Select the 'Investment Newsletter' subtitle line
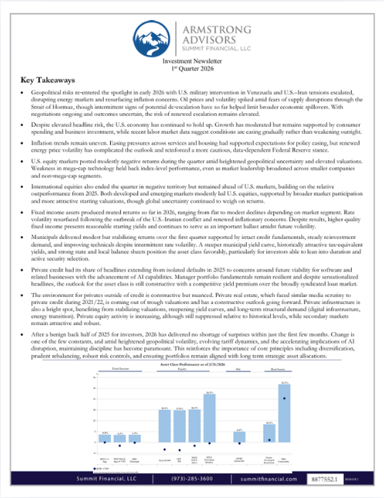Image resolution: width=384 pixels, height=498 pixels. click(192, 62)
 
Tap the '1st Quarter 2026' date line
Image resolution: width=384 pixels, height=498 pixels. click(192, 69)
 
